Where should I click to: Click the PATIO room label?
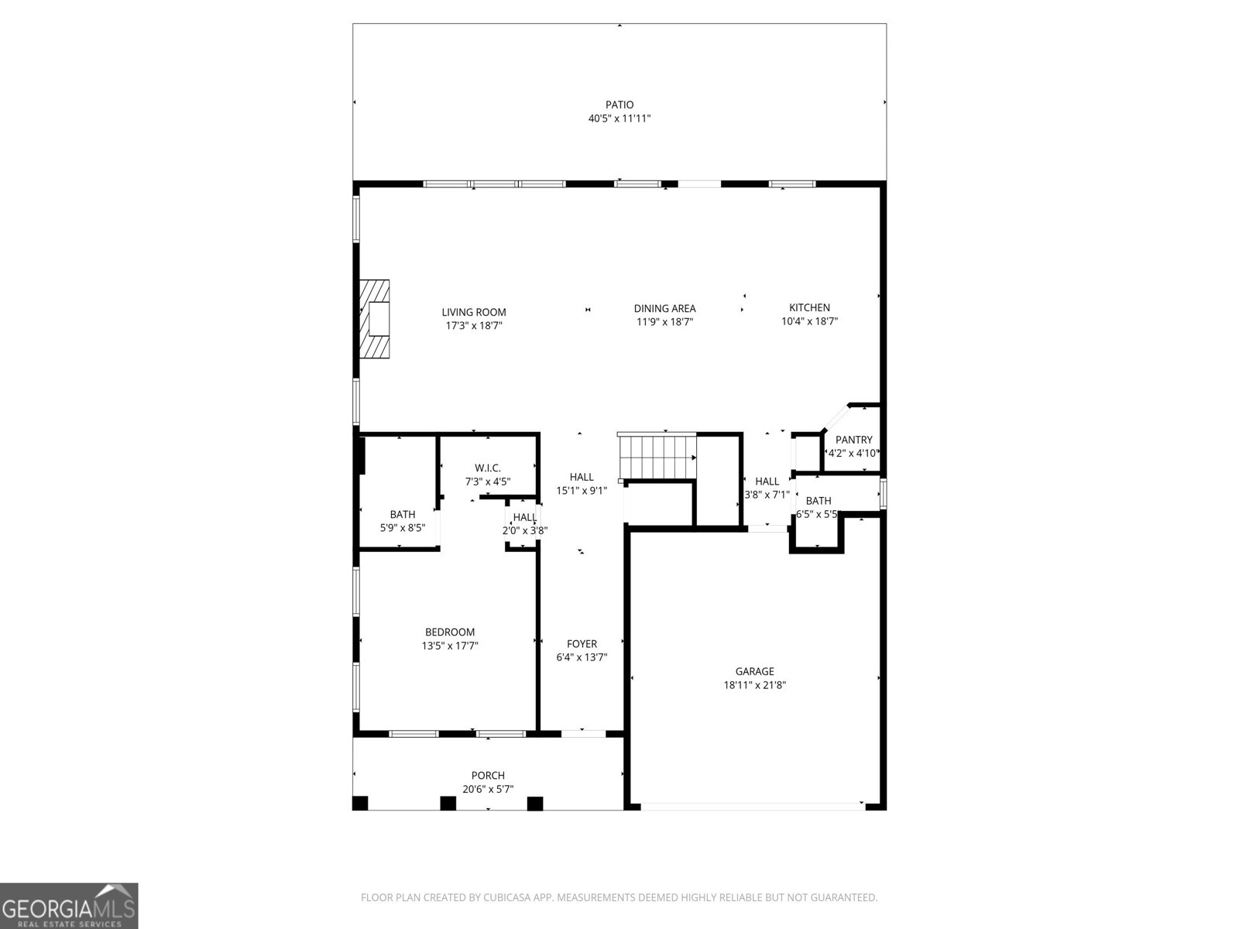coord(619,105)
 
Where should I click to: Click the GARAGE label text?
coord(754,671)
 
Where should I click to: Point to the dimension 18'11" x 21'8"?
coord(754,685)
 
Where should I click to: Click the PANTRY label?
coord(853,440)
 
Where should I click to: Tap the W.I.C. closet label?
coord(488,468)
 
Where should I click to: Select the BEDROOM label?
coord(449,632)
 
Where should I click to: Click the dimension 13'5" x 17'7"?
coord(449,646)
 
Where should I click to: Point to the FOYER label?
coord(582,643)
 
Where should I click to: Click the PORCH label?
coord(488,775)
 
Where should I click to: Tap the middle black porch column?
coord(448,803)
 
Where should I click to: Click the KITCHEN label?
coord(809,307)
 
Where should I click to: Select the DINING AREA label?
coord(664,308)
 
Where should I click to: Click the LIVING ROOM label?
coord(474,312)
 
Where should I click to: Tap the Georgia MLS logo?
coord(69,906)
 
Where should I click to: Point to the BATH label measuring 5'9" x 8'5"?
coord(402,514)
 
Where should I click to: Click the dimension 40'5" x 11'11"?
coord(619,118)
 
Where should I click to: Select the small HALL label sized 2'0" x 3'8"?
coord(524,517)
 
